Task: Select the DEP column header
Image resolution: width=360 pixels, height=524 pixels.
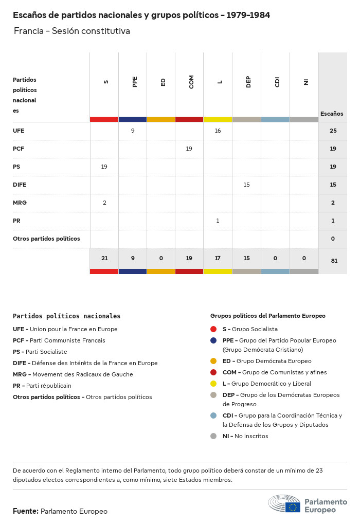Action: [x=248, y=82]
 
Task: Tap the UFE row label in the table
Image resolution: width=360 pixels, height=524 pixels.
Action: [x=19, y=131]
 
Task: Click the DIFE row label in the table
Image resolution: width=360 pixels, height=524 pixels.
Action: [x=20, y=185]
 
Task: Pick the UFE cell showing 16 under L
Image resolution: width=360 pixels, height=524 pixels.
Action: [x=218, y=131]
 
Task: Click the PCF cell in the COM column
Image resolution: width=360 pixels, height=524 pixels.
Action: [x=189, y=149]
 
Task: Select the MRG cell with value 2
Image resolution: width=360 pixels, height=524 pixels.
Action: [x=104, y=203]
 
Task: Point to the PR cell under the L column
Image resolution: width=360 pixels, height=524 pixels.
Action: [x=218, y=221]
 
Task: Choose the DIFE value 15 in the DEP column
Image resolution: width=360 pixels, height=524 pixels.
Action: [x=246, y=185]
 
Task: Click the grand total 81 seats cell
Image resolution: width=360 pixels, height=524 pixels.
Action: [x=334, y=261]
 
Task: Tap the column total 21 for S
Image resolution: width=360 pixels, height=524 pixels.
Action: [x=104, y=258]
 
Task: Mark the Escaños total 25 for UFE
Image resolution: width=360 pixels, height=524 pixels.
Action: [x=333, y=131]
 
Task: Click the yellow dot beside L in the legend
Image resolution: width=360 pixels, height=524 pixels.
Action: [x=213, y=384]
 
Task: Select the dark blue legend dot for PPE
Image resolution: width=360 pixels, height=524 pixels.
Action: [x=213, y=340]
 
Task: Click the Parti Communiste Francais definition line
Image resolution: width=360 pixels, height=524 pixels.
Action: [x=59, y=340]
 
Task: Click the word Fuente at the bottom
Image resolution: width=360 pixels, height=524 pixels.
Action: [x=25, y=511]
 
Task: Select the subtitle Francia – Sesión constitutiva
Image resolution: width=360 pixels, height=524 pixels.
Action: [x=71, y=31]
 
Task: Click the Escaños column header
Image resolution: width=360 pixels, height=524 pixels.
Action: [x=332, y=114]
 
